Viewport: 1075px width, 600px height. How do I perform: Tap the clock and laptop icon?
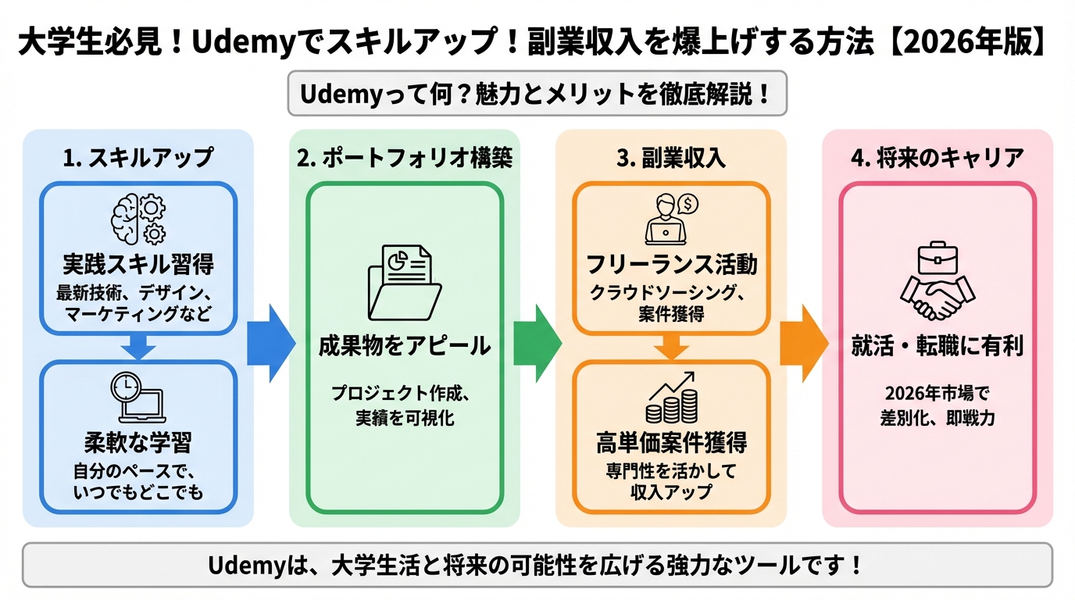[138, 398]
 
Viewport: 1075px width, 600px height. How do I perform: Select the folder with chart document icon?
[404, 282]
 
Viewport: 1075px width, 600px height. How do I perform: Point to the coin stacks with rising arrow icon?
[671, 398]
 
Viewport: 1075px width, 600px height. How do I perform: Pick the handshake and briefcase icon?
[937, 282]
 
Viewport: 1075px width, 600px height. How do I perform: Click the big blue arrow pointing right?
[270, 344]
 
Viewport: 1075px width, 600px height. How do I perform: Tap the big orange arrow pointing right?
[804, 344]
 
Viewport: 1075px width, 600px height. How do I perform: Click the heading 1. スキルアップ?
[138, 158]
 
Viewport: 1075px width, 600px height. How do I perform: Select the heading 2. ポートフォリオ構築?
[405, 158]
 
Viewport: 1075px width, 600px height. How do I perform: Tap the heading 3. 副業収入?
[671, 158]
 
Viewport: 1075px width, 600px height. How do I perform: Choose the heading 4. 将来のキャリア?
[937, 158]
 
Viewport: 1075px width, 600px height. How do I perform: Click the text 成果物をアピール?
[404, 345]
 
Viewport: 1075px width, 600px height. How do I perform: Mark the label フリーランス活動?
[671, 264]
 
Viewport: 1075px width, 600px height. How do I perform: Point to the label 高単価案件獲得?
[671, 443]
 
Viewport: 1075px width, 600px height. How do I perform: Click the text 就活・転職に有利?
[937, 345]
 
